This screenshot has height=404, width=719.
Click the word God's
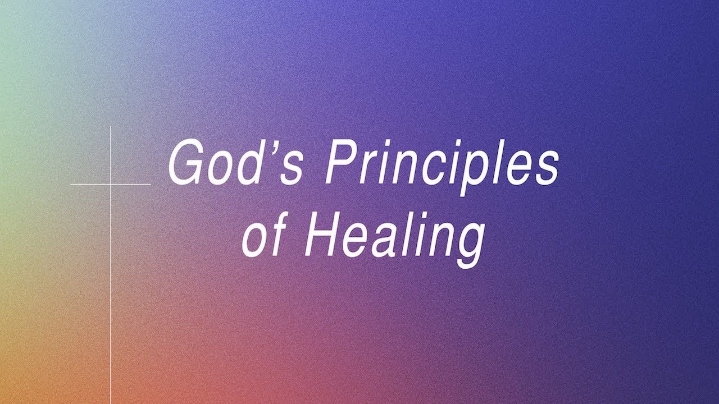(x=235, y=163)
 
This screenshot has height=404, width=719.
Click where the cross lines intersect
(x=111, y=184)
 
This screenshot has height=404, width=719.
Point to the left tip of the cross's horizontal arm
(x=71, y=184)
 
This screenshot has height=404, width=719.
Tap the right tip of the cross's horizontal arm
(x=151, y=184)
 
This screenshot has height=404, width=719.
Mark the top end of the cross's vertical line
(x=111, y=127)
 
